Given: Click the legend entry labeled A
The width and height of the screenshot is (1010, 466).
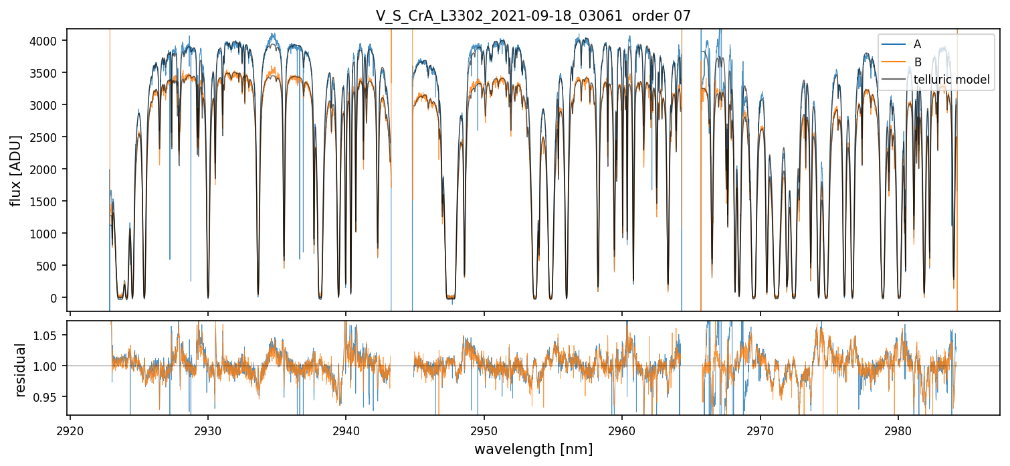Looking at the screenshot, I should (x=917, y=44).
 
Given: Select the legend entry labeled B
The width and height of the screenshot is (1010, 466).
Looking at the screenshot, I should (x=917, y=62).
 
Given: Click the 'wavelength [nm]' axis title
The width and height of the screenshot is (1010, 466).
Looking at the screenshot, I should (x=533, y=449).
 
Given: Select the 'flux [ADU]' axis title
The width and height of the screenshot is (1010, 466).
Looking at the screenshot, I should (x=15, y=170).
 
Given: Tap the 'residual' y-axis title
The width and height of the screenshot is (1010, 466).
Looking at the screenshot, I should (x=21, y=370).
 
